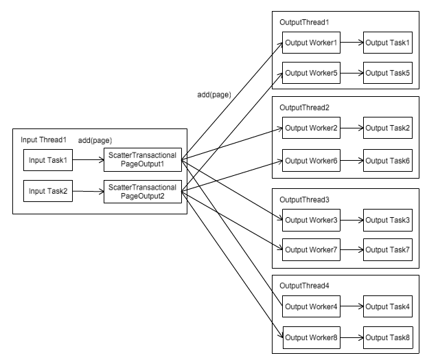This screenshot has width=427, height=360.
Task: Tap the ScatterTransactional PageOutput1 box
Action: pyautogui.click(x=142, y=161)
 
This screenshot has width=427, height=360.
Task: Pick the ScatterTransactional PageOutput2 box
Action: pyautogui.click(x=142, y=191)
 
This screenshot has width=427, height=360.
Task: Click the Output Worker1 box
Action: pyautogui.click(x=312, y=43)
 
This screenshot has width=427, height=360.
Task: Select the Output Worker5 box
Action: pyautogui.click(x=312, y=72)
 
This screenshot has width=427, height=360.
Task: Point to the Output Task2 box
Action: pyautogui.click(x=388, y=128)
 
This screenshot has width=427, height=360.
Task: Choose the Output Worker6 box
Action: pyautogui.click(x=312, y=160)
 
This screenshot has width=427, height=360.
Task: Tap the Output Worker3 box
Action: pyautogui.click(x=312, y=220)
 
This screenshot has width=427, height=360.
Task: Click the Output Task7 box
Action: pyautogui.click(x=388, y=249)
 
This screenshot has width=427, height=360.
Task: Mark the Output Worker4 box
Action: pyautogui.click(x=312, y=306)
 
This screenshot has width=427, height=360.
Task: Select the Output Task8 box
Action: pyautogui.click(x=388, y=337)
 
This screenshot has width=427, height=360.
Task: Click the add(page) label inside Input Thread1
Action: pyautogui.click(x=95, y=141)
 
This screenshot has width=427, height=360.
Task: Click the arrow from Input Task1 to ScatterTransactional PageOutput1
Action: pyautogui.click(x=88, y=161)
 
